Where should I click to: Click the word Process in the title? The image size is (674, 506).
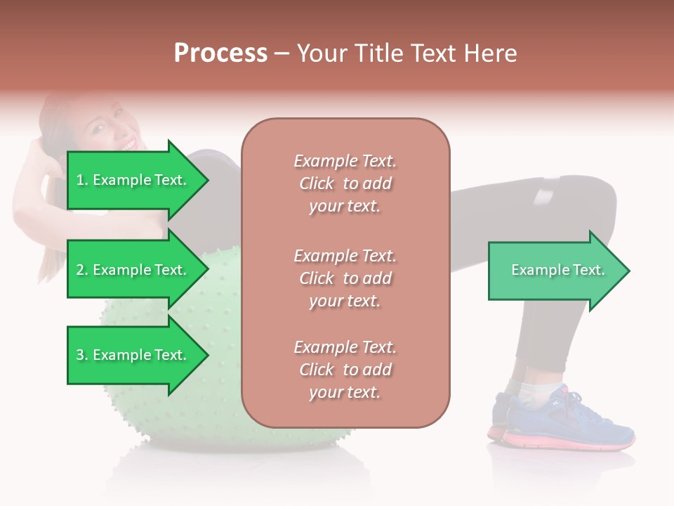pos(220,53)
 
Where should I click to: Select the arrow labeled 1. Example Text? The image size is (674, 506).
pos(133,180)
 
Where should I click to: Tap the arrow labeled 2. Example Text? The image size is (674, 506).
pos(133,270)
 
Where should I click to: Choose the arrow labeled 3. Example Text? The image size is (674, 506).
pos(133,355)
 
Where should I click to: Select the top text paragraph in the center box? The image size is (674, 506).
pos(345,183)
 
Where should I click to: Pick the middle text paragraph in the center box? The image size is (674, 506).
pos(345,278)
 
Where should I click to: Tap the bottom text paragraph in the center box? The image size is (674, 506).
pos(345,370)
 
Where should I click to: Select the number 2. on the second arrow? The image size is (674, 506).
pos(82,270)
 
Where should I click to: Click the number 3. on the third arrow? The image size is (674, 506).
pos(82,355)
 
